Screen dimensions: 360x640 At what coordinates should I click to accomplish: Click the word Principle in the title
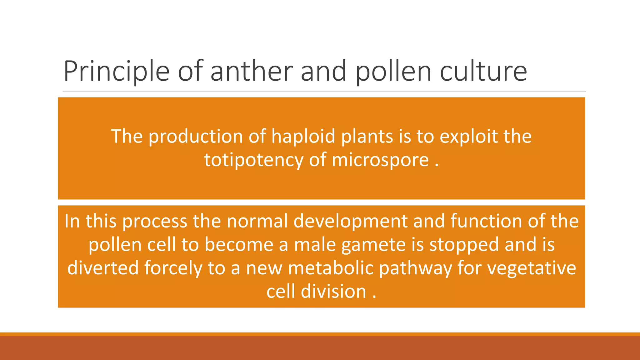(x=116, y=72)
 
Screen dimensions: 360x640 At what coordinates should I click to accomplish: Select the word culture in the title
(x=483, y=71)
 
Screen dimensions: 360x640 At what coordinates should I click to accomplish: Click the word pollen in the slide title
(x=394, y=72)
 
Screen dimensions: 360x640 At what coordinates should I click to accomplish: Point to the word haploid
(x=303, y=137)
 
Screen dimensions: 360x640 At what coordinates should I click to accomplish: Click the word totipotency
(x=253, y=160)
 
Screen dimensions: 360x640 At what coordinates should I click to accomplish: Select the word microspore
(x=380, y=161)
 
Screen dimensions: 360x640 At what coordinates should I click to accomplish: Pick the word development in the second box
(x=350, y=221)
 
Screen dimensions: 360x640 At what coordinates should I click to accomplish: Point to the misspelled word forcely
(x=173, y=268)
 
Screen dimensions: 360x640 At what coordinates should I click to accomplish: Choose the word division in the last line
(x=333, y=292)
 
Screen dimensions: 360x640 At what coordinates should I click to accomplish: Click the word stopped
(x=464, y=245)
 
